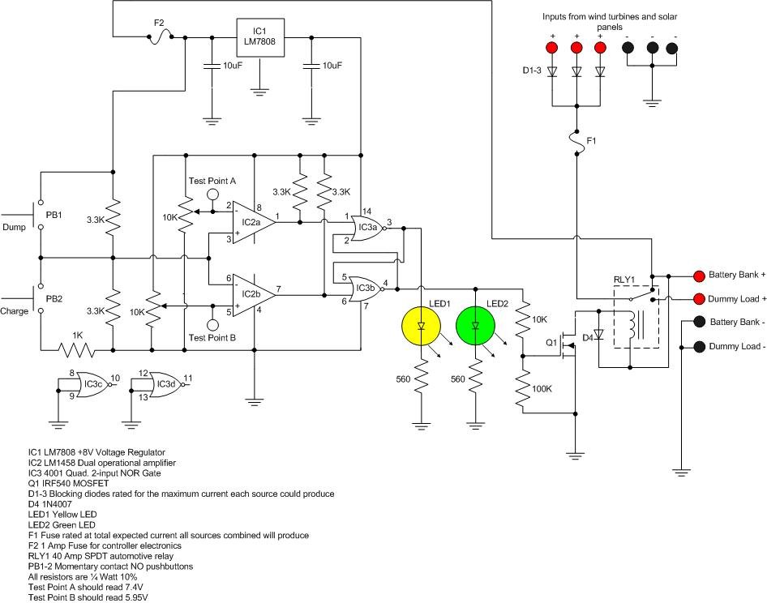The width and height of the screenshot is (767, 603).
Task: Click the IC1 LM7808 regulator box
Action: (259, 38)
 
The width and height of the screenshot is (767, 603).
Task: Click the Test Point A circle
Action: (212, 195)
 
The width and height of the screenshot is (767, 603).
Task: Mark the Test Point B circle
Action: (212, 326)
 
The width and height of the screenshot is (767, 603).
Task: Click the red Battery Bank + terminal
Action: (699, 275)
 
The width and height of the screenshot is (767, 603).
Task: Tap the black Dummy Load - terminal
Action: (699, 347)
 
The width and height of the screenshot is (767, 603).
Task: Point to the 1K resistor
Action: (75, 349)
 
